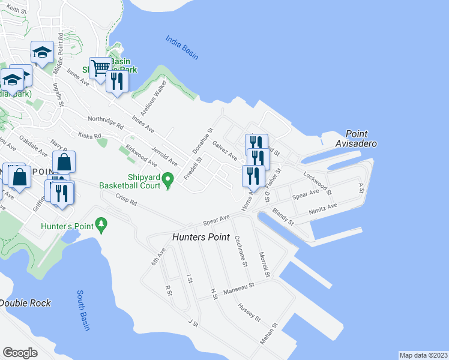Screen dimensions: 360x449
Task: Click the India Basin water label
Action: [x=182, y=47]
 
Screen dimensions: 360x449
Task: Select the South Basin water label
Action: [x=83, y=310]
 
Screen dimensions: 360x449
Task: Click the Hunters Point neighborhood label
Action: [x=200, y=237]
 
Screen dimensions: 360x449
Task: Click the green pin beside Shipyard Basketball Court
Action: [x=169, y=179]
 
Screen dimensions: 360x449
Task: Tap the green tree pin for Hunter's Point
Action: [x=102, y=226]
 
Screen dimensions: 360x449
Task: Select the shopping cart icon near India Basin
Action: [x=100, y=67]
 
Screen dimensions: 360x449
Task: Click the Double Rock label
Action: [x=25, y=303]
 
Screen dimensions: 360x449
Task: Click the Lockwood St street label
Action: [x=318, y=183]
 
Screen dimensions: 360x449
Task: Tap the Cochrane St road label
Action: [x=241, y=250]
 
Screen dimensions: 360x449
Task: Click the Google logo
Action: [x=20, y=353]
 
